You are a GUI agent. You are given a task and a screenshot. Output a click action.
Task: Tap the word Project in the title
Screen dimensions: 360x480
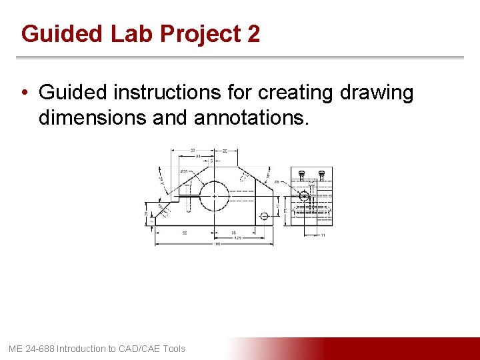click(x=193, y=33)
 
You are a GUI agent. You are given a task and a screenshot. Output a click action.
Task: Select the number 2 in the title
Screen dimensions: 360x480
click(x=253, y=33)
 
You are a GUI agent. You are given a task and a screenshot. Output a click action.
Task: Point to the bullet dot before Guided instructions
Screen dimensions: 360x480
click(x=25, y=93)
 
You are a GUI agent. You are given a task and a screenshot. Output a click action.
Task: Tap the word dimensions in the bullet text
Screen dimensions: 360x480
click(x=93, y=118)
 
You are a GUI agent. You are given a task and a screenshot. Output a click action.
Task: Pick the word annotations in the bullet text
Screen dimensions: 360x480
click(x=251, y=118)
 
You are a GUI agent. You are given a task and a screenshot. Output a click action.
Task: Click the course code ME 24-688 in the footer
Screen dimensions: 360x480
click(x=31, y=349)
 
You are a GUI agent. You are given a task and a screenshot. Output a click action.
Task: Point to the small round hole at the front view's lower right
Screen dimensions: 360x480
click(x=264, y=215)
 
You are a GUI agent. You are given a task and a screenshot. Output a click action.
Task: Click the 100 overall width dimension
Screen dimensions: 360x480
click(x=217, y=243)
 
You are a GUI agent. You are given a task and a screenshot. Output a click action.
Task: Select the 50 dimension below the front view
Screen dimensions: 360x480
click(x=184, y=233)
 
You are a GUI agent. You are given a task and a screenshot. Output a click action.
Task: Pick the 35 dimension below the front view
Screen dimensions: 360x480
click(x=234, y=233)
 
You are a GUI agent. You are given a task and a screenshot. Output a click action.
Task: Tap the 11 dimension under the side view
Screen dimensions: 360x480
click(x=323, y=235)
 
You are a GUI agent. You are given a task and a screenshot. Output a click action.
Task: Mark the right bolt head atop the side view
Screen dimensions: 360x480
click(x=321, y=175)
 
